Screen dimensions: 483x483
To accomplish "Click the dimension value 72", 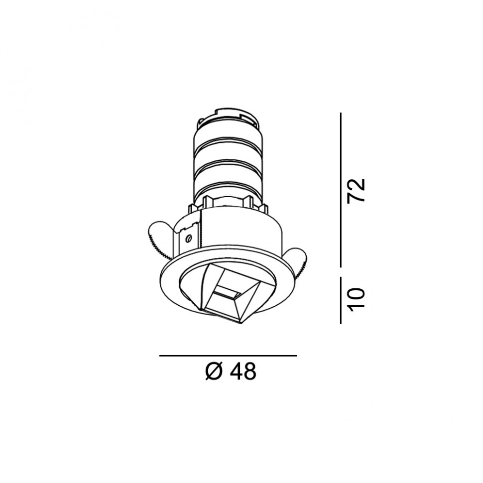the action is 356,191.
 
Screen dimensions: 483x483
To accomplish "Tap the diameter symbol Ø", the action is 214,371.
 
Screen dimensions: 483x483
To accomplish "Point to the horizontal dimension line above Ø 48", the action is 228,356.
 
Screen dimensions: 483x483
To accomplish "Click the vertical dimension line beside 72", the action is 341,190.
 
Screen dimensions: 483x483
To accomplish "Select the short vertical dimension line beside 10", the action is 341,300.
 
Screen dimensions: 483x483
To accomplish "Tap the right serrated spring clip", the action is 297,260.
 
